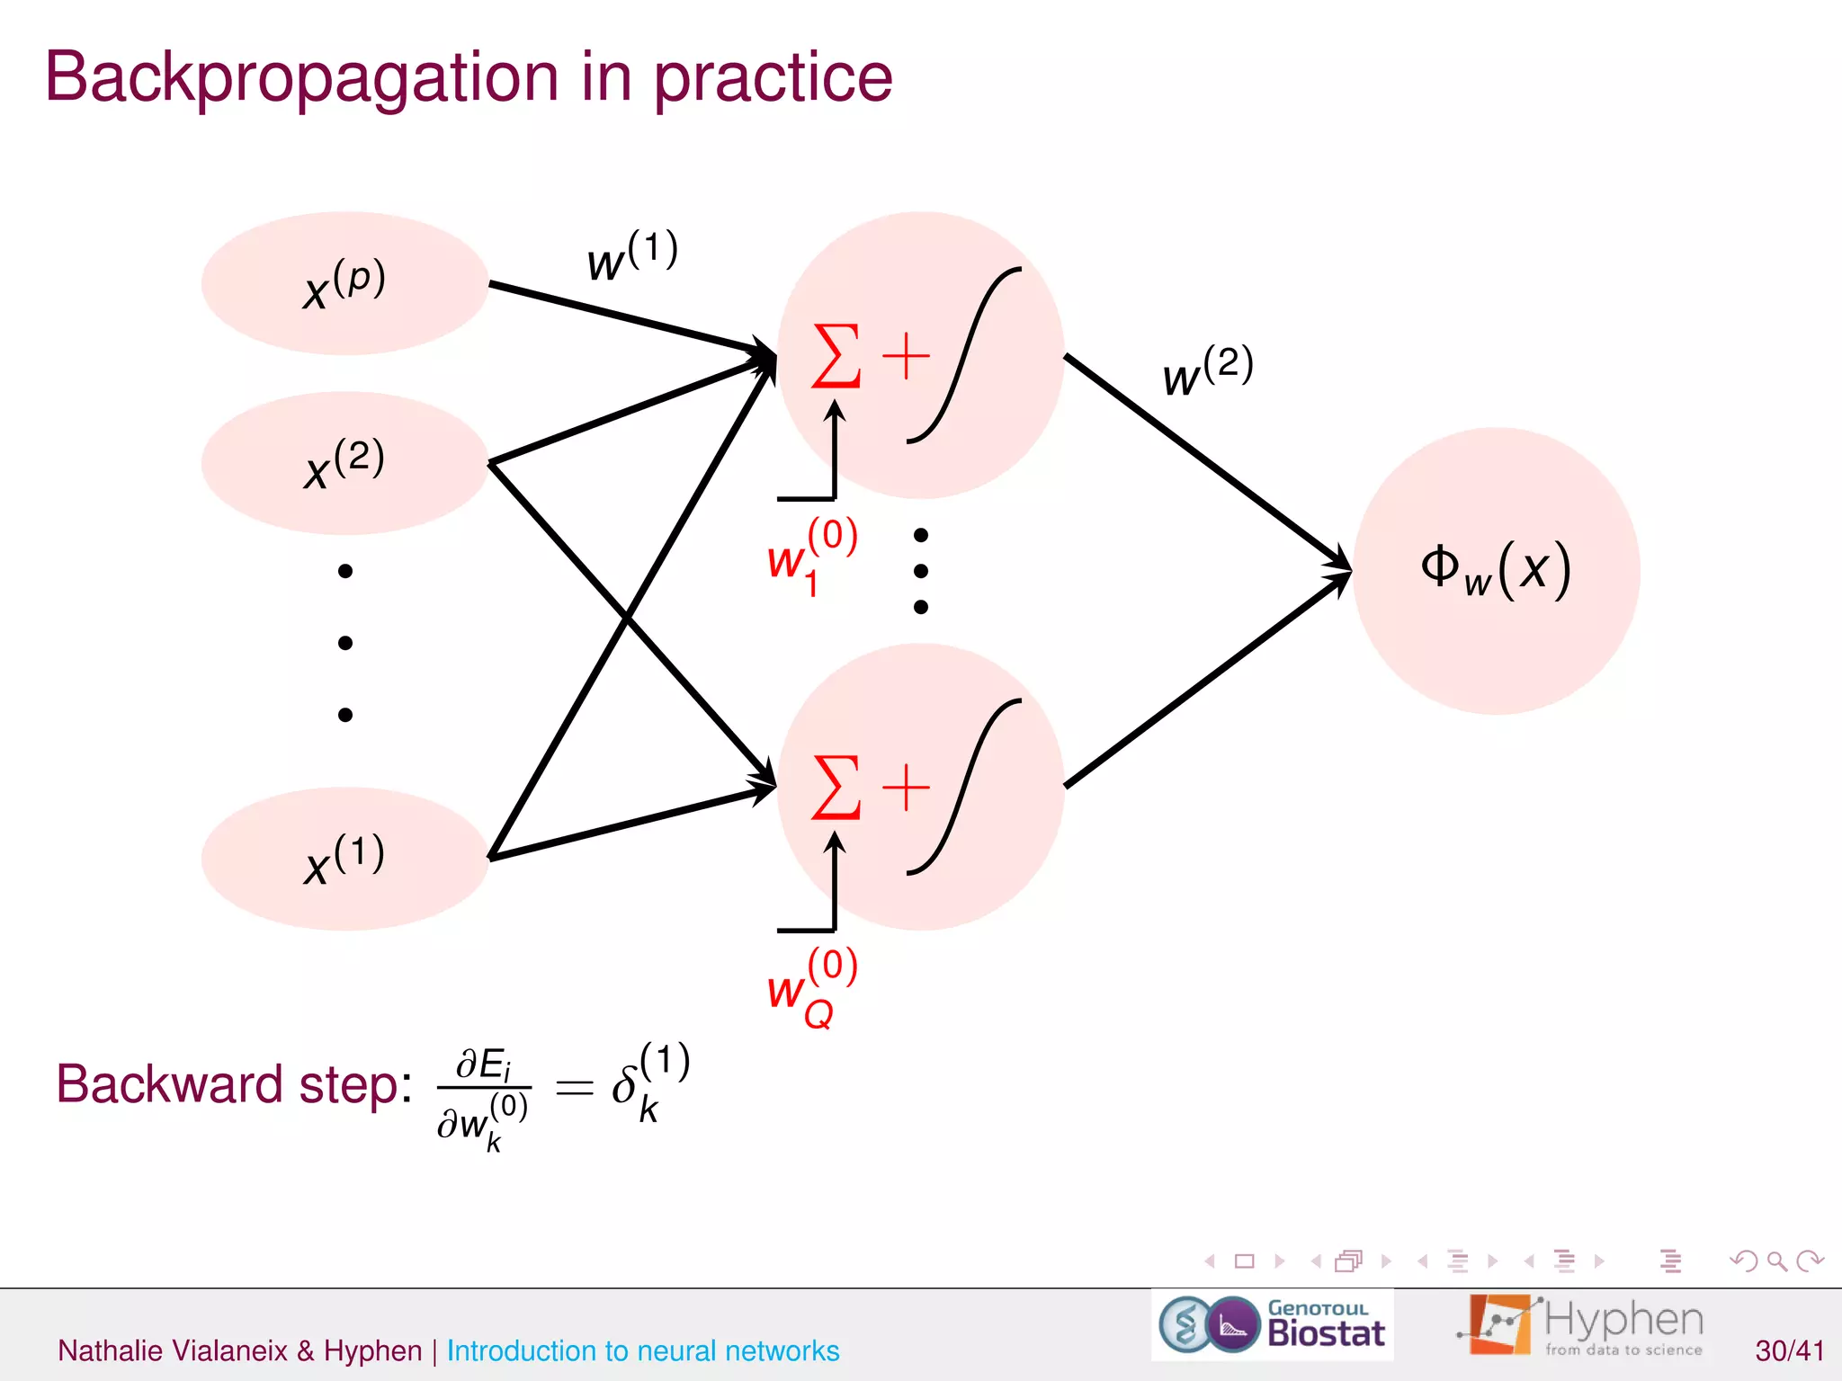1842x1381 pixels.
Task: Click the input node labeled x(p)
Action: [344, 283]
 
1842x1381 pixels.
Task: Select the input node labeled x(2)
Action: [344, 463]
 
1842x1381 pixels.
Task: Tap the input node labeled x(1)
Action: [344, 859]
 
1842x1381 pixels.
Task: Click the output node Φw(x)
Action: [1496, 571]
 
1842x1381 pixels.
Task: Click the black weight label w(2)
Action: [1207, 371]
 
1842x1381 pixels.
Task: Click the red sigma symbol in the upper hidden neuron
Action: [836, 356]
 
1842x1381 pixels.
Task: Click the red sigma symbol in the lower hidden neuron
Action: [836, 788]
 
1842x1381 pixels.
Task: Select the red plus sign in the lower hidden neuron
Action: [906, 788]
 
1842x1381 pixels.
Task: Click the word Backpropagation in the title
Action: [301, 79]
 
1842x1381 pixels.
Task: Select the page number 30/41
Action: [1789, 1350]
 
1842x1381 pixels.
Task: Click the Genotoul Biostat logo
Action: [1273, 1325]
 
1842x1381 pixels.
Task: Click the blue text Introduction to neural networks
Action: [642, 1350]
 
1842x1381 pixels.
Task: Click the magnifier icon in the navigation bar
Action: [1776, 1261]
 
